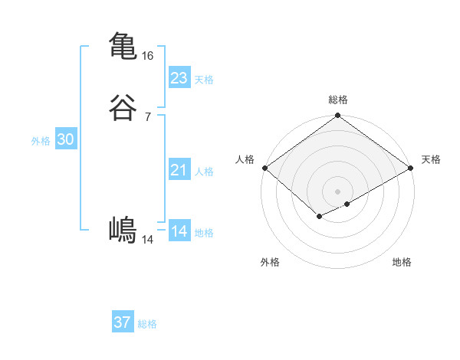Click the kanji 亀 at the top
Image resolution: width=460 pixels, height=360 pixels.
point(123,45)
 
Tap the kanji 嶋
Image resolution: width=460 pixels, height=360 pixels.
point(123,230)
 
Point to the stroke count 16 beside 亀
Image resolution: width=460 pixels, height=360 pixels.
point(148,56)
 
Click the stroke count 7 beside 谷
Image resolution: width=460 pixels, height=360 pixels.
point(148,116)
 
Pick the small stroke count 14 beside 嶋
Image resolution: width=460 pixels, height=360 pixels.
point(148,240)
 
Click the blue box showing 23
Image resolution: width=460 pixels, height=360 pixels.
point(179,78)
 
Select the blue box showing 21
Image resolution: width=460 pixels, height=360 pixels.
point(179,170)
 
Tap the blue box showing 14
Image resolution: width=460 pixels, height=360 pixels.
point(179,231)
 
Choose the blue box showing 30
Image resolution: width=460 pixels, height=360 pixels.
point(66,139)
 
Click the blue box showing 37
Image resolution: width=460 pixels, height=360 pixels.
point(123,322)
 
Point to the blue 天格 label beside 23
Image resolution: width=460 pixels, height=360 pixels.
point(204,80)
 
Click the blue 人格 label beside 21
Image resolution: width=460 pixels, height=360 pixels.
point(204,172)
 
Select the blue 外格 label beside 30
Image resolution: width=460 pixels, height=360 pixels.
point(41,141)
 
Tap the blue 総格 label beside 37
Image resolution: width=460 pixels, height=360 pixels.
point(147,324)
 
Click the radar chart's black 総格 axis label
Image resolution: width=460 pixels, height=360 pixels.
point(338,100)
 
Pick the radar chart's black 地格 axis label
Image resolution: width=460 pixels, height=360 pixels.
point(402,262)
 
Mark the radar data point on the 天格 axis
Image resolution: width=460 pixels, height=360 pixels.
point(412,168)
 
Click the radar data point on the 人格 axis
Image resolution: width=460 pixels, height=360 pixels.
point(264,168)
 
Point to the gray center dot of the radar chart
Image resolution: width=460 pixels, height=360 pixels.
point(338,191)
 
